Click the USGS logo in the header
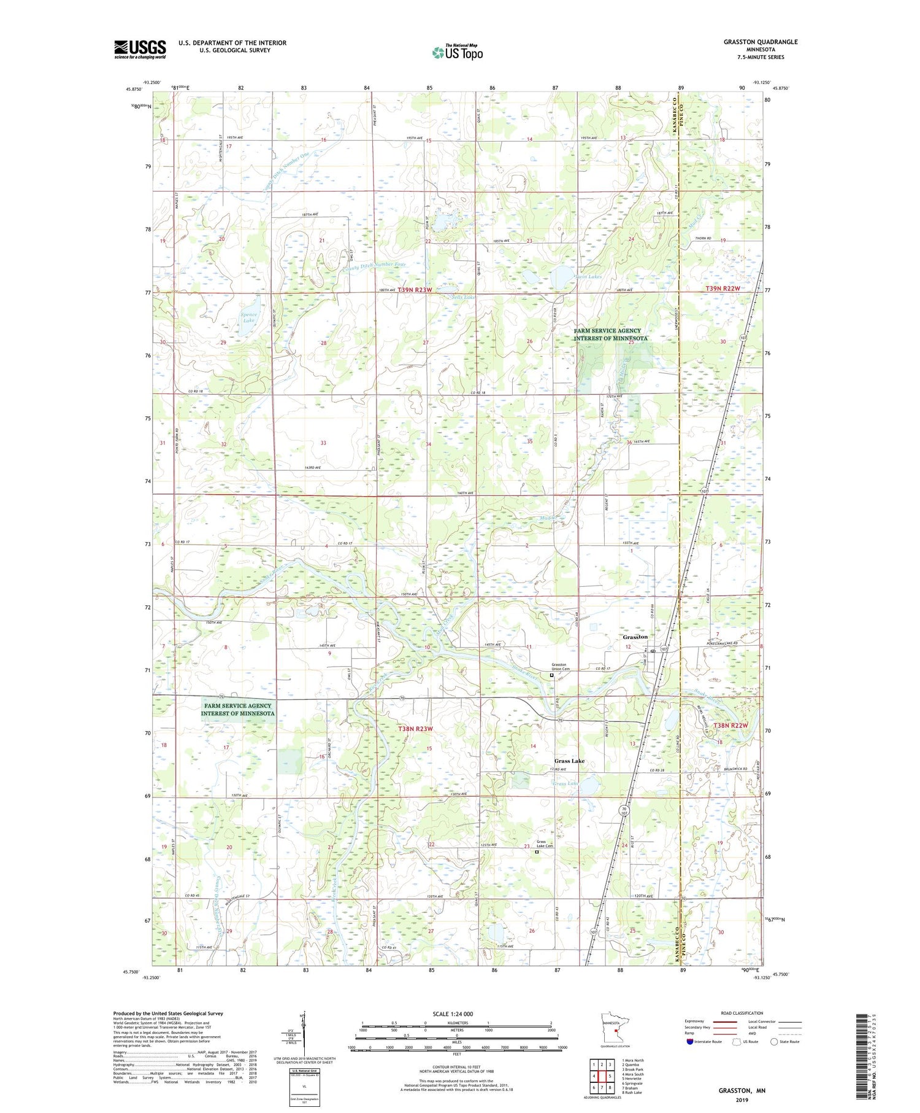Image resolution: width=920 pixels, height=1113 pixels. (x=140, y=49)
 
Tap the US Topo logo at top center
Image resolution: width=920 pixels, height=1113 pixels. (x=458, y=52)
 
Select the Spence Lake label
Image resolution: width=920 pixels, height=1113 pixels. (x=248, y=317)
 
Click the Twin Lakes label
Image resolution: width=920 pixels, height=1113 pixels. (x=588, y=277)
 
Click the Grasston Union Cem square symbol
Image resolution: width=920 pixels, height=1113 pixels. (x=551, y=675)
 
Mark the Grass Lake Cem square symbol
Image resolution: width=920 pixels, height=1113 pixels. (x=537, y=852)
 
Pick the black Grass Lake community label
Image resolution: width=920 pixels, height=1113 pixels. (x=569, y=761)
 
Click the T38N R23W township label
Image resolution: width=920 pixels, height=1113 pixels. (x=415, y=729)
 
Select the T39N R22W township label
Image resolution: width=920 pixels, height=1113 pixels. (x=723, y=288)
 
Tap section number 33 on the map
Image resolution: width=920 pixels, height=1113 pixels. (x=323, y=443)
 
